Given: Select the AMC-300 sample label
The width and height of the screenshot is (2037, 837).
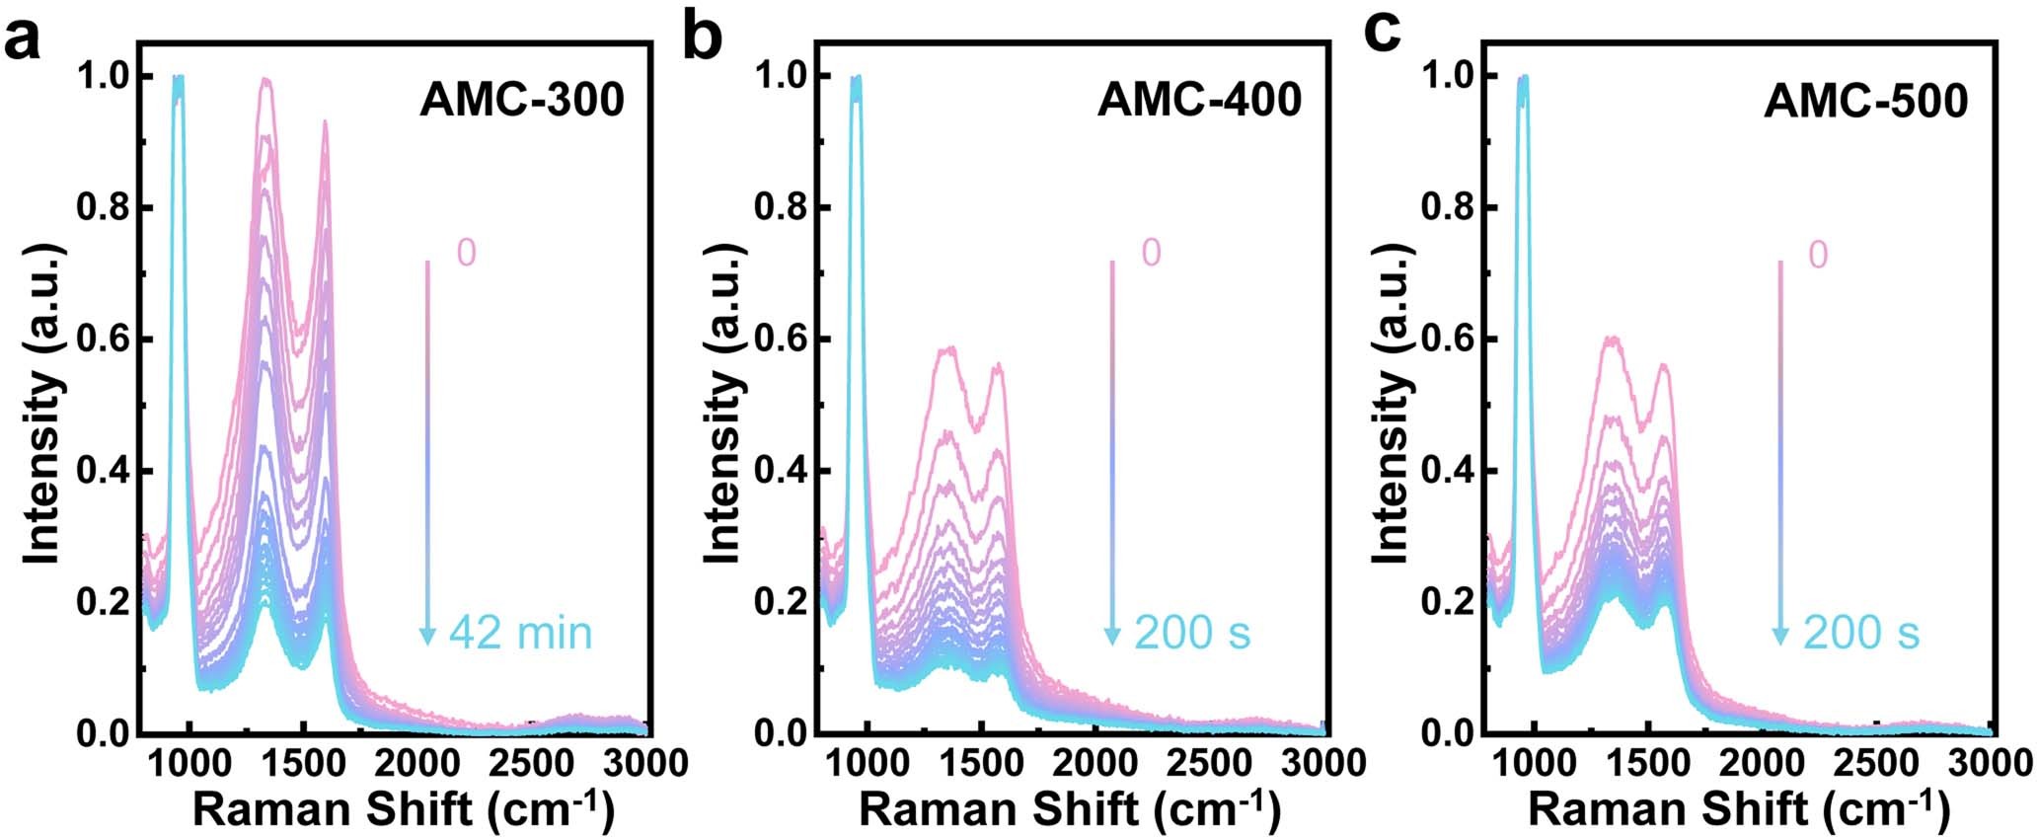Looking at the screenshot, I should tap(522, 101).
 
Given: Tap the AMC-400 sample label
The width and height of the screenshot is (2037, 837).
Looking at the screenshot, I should tap(1199, 101).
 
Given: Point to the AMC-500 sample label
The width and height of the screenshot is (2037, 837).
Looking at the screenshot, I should tap(1866, 101).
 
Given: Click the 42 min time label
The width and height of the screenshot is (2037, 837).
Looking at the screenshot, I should tap(520, 633).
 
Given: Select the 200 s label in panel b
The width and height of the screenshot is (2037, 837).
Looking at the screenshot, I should tap(1192, 633).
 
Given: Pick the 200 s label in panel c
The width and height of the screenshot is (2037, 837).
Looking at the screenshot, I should tap(1861, 633).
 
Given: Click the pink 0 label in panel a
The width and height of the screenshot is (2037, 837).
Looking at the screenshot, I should tap(466, 254).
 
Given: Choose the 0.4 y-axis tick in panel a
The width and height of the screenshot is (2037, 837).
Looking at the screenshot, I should tap(101, 472).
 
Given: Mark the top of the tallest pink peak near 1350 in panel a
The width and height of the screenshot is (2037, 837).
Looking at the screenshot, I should tap(264, 80).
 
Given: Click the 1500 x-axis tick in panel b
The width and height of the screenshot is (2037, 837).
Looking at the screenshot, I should tap(979, 763).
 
